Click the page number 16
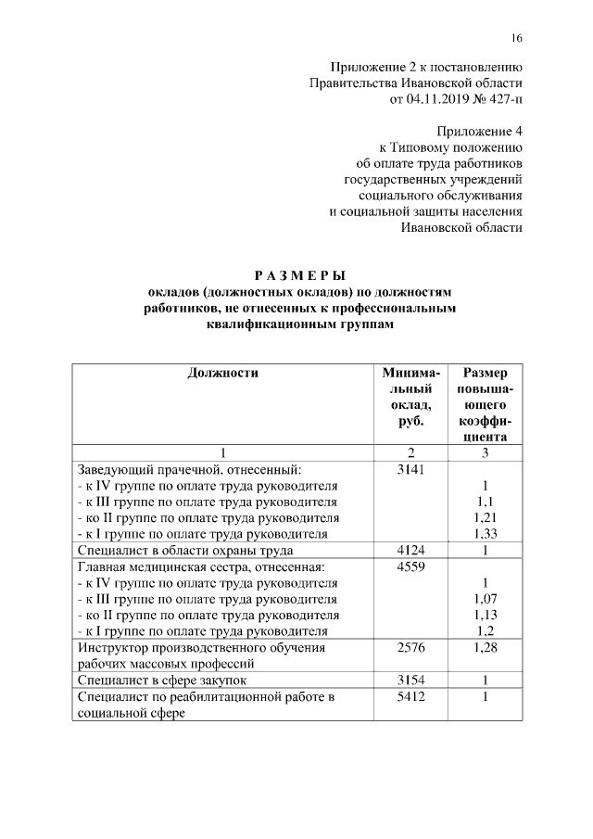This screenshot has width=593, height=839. (x=516, y=38)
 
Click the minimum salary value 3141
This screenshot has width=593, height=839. (x=410, y=469)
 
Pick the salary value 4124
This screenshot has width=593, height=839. (x=410, y=550)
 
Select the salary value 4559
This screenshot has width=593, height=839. (x=410, y=566)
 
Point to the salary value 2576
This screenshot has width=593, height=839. (x=410, y=647)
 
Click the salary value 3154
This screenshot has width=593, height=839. (x=410, y=680)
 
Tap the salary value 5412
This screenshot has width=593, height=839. (x=410, y=697)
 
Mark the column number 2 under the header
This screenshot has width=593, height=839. (x=410, y=452)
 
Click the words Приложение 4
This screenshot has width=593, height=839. (x=479, y=132)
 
